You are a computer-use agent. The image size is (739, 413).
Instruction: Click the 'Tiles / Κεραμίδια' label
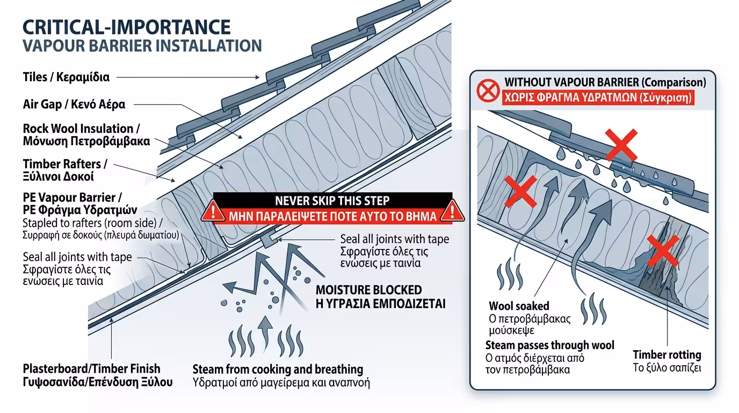coord(66,77)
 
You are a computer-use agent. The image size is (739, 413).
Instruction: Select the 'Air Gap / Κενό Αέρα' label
coord(74,104)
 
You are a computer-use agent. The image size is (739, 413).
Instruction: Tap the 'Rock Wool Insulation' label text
coord(78,129)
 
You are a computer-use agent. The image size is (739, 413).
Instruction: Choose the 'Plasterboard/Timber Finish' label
coord(91,369)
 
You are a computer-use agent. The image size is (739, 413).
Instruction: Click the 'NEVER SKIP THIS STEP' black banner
coord(332,201)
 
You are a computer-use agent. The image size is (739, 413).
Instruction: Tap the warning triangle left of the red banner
coord(213,210)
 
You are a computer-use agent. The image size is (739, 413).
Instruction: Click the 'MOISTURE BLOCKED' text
coord(368,290)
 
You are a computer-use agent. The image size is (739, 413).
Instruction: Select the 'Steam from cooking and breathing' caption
coord(278,369)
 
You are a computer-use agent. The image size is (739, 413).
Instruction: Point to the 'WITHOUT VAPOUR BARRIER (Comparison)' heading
coord(605,83)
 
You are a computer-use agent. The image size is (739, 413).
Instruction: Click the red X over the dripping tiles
coord(621,145)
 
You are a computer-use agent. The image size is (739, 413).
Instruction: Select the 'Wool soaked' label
coord(519,307)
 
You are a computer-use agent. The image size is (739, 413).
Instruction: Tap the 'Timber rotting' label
coord(666,355)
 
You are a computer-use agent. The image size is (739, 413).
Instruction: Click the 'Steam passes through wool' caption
coord(549,345)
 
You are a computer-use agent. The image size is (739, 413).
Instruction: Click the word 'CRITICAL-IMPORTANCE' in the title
coord(127,27)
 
